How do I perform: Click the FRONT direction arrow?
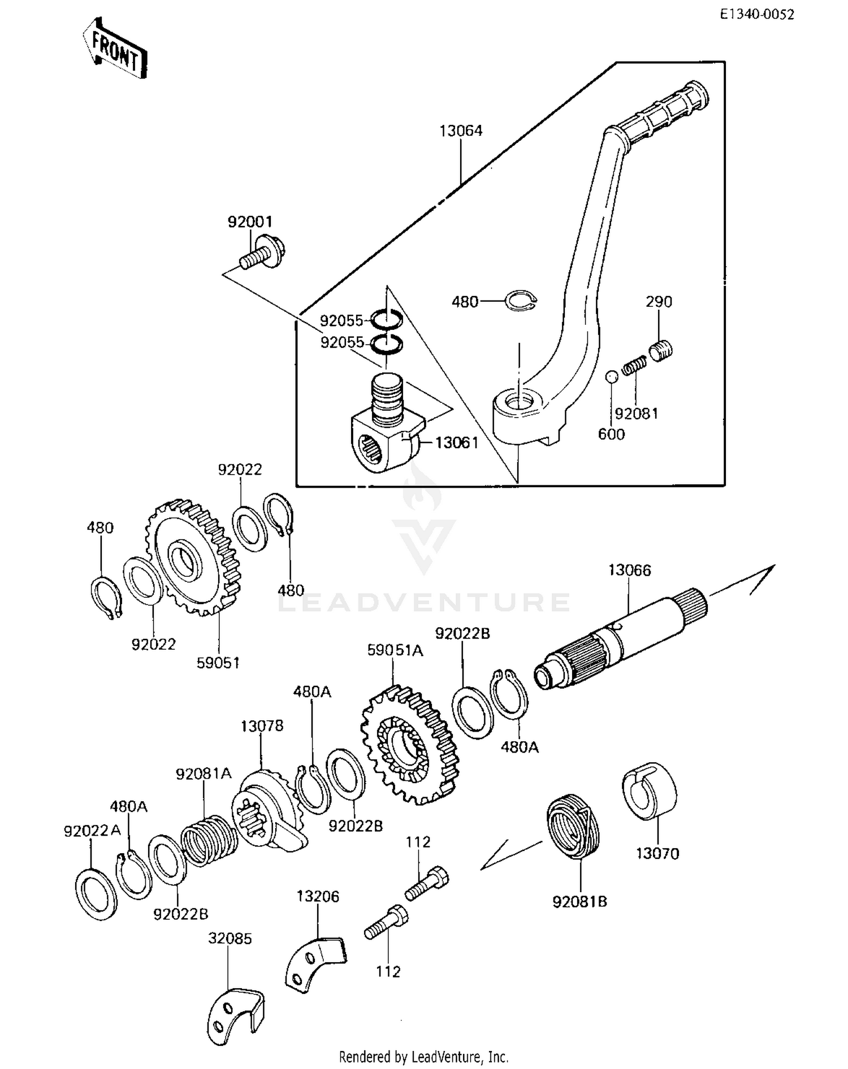point(115,49)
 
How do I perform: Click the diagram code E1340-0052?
point(756,15)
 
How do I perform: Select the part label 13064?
point(461,131)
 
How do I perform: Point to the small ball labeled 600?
point(611,377)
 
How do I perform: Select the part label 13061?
point(456,442)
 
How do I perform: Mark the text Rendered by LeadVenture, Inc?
point(423,1056)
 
